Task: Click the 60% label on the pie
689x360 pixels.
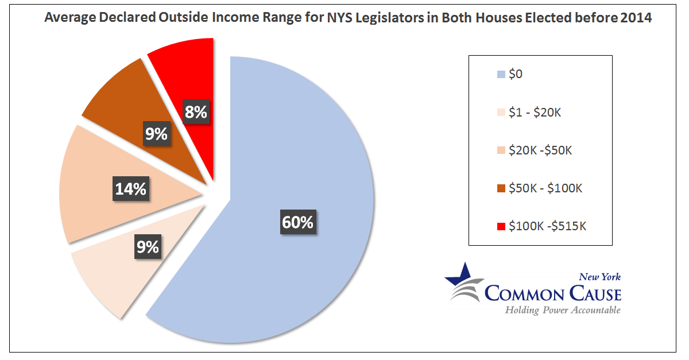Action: click(297, 222)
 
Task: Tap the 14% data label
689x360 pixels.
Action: click(131, 188)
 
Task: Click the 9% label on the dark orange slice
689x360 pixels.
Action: click(156, 134)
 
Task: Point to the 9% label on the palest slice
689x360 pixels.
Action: click(148, 247)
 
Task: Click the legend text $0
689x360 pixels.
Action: click(516, 74)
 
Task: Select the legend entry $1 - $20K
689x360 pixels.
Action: click(535, 112)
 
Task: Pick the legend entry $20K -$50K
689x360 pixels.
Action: click(540, 150)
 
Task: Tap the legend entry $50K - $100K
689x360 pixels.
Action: click(545, 188)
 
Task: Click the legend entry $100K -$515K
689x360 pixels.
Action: click(547, 226)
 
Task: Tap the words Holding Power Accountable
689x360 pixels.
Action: click(563, 310)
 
